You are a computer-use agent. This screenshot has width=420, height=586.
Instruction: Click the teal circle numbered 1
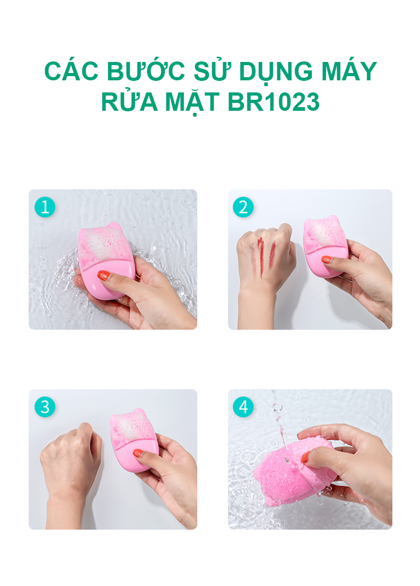45,207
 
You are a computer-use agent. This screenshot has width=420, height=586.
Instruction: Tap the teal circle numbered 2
243,207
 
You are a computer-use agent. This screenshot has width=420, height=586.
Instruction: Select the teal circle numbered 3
45,407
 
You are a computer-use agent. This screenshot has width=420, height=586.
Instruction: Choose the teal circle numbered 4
243,407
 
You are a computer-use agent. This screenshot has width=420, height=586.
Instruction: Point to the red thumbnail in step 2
326,259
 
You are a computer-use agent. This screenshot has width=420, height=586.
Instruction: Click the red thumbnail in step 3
138,453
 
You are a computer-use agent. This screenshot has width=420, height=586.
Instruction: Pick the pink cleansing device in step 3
133,439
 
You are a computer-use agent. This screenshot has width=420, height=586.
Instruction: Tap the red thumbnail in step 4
305,456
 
